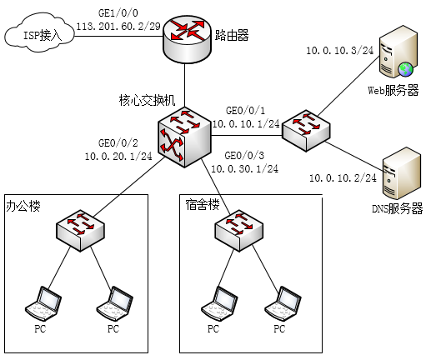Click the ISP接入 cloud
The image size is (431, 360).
coord(39,35)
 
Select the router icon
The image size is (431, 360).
coord(187,39)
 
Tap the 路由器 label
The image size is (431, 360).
coord(232,36)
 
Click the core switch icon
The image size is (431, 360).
coord(184,137)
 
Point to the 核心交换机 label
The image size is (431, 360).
coord(147,100)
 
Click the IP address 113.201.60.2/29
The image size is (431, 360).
coord(118,27)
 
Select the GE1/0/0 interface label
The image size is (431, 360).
coord(118,12)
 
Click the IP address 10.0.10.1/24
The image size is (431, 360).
coord(246,123)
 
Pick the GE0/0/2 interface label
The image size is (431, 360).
coord(118,143)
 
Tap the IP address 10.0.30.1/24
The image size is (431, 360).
coord(244,168)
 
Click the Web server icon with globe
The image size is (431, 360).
coord(398,52)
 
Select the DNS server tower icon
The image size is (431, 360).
coord(401,173)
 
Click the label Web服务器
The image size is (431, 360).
coord(393,91)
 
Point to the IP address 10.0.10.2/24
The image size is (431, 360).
coord(343,178)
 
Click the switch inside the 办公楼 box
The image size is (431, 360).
coord(80,231)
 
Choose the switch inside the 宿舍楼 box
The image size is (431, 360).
coord(239,231)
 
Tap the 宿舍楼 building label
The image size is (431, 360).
coord(203,205)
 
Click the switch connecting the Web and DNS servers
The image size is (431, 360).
coord(306,131)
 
